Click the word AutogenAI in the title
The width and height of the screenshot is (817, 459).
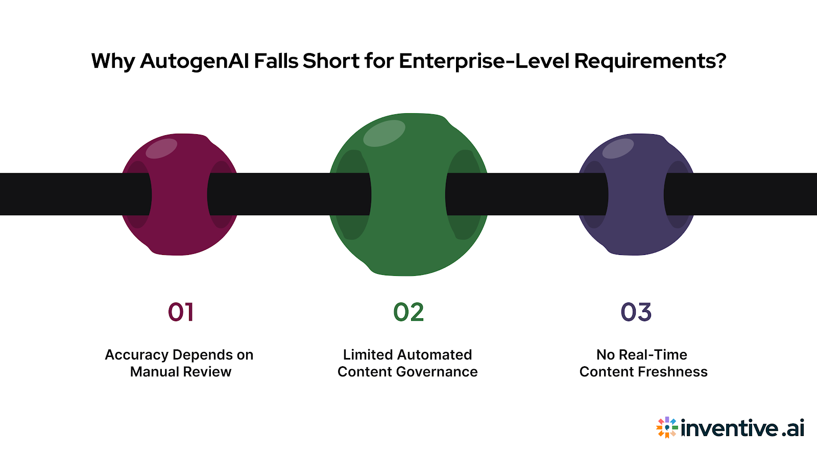(195, 61)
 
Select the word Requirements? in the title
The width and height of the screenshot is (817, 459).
(650, 61)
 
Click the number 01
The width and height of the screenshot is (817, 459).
(181, 312)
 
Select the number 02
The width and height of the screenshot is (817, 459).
(408, 312)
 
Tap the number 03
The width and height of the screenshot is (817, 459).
(636, 312)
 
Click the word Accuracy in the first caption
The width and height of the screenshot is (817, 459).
(136, 354)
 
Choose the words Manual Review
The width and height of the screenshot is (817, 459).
(181, 372)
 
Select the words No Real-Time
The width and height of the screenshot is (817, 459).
(642, 354)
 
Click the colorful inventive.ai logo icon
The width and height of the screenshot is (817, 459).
(667, 427)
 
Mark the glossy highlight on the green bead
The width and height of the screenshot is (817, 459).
(384, 133)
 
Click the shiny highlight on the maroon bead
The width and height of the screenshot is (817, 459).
(161, 148)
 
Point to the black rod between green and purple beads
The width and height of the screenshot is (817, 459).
(526, 194)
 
